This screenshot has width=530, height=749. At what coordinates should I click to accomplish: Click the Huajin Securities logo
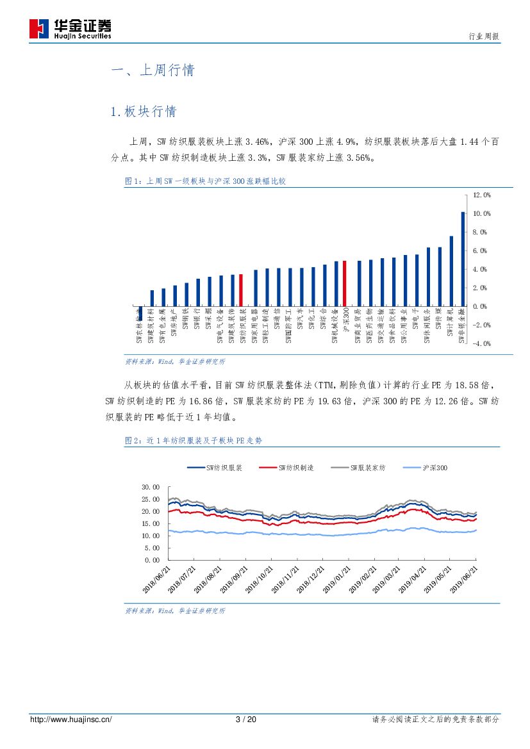[x=70, y=29]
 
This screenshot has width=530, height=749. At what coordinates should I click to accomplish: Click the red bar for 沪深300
[x=344, y=283]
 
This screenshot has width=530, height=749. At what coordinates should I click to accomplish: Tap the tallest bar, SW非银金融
[x=463, y=259]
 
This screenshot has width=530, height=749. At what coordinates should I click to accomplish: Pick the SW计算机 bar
[x=451, y=271]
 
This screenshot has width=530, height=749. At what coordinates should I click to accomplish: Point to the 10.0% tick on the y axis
[x=481, y=213]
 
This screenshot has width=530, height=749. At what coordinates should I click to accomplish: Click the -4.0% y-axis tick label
[x=481, y=344]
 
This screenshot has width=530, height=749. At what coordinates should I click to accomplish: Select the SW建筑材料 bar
[x=152, y=298]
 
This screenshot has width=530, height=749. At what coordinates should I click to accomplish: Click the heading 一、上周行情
[x=153, y=70]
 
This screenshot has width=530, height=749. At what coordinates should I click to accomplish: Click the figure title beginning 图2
[x=193, y=441]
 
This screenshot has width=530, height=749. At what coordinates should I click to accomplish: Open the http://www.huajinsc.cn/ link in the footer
[x=71, y=720]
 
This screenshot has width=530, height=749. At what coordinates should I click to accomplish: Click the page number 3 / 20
[x=246, y=720]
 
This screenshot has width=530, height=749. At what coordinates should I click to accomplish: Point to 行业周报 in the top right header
[x=484, y=37]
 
